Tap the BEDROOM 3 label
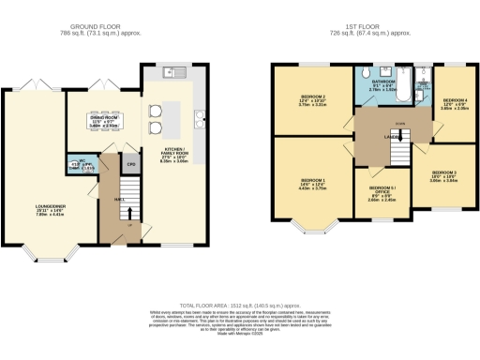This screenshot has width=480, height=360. pyautogui.click(x=443, y=175)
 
